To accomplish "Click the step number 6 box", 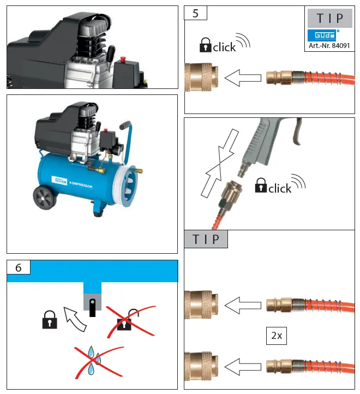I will point(19,267).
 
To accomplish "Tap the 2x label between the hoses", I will point(277,336).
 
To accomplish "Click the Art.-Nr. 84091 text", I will point(329,45).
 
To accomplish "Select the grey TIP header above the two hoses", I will point(206,240).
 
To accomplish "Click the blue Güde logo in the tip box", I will point(323,35).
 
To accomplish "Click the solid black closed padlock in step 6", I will point(50,320).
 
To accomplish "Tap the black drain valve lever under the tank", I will point(93,307).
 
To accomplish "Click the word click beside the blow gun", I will point(280,188).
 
